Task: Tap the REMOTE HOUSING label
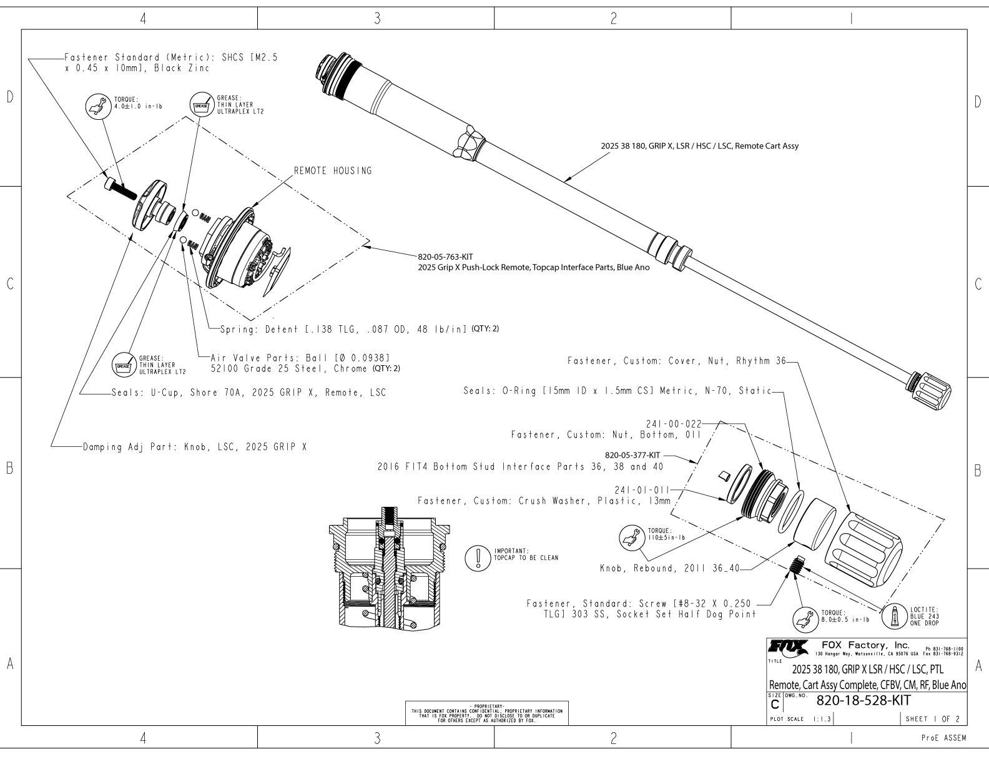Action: click(x=333, y=171)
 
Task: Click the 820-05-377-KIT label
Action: click(x=632, y=455)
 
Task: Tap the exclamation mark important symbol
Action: click(x=478, y=557)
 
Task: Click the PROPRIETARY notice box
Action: click(x=488, y=713)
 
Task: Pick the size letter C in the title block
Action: click(x=775, y=704)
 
